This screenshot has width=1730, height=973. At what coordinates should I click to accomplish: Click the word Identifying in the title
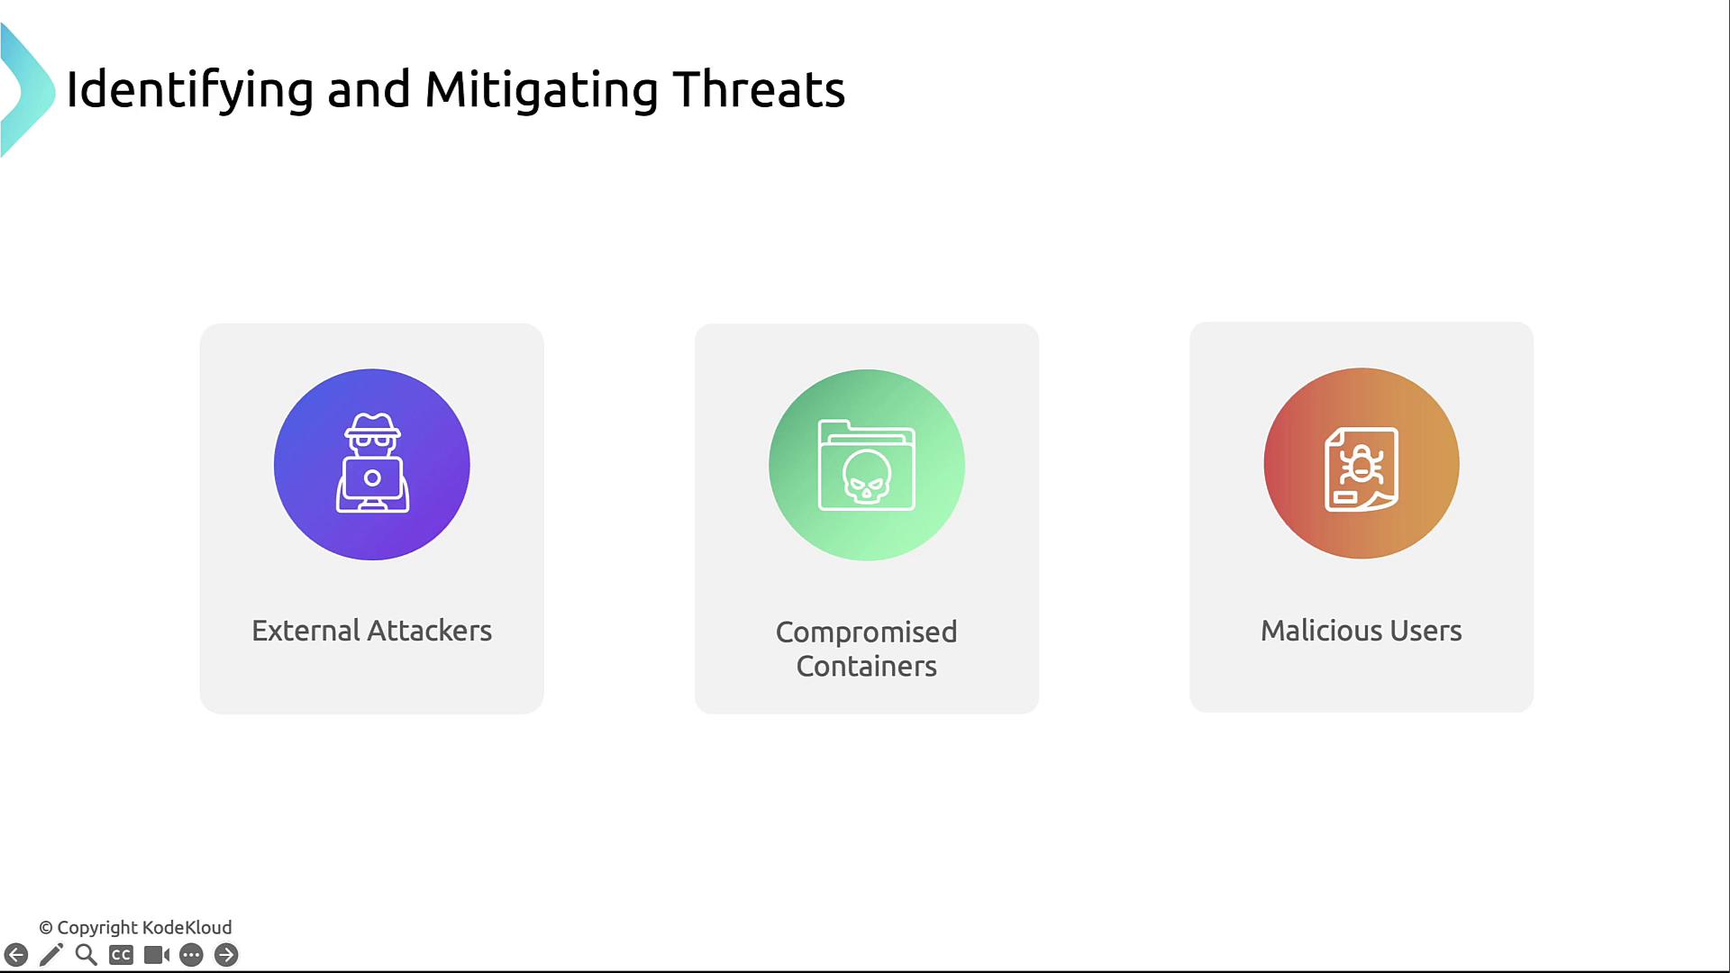click(x=190, y=91)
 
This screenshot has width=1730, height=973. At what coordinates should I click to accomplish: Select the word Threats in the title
click(x=759, y=89)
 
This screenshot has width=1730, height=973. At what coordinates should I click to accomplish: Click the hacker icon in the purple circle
click(x=372, y=463)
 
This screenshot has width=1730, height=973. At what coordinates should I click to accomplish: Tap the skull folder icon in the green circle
click(x=867, y=465)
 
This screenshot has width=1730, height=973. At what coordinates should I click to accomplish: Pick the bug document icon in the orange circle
click(x=1361, y=468)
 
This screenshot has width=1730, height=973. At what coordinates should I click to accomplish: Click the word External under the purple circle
click(x=306, y=631)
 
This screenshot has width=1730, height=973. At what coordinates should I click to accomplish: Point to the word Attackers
click(x=430, y=631)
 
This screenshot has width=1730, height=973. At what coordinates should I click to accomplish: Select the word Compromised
click(x=867, y=632)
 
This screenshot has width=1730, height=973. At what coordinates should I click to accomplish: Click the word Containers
click(x=867, y=667)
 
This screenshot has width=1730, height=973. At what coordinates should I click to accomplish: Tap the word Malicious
click(x=1316, y=631)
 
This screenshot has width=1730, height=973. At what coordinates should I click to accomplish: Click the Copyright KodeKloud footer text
click(x=135, y=928)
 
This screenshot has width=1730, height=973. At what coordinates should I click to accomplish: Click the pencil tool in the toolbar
click(x=51, y=955)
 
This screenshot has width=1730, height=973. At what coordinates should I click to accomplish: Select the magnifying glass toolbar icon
click(x=86, y=955)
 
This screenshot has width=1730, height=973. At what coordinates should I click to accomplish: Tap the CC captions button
click(x=121, y=955)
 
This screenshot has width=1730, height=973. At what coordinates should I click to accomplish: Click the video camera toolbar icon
click(x=157, y=955)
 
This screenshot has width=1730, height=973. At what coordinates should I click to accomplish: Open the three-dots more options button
click(x=191, y=955)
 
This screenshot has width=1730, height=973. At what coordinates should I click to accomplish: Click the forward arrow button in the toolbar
click(x=226, y=955)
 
